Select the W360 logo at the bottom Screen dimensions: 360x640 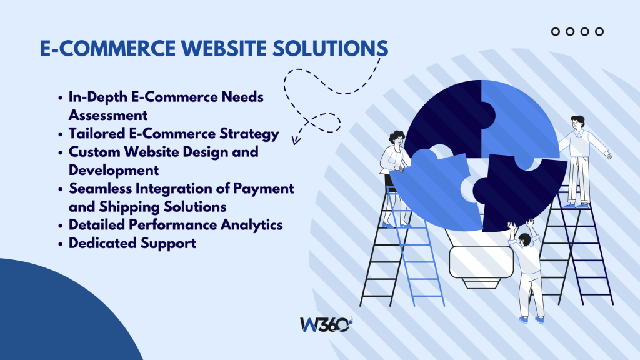pyautogui.click(x=326, y=326)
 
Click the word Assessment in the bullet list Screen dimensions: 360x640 pyautogui.click(x=108, y=116)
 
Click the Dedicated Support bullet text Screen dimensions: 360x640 pyautogui.click(x=132, y=243)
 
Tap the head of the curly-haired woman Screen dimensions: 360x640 pyautogui.click(x=396, y=138)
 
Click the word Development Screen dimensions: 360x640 pyautogui.click(x=114, y=170)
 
